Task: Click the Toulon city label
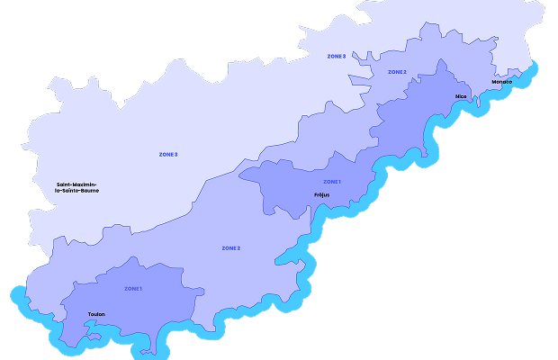pyautogui.click(x=96, y=314)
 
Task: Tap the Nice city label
pyautogui.click(x=462, y=95)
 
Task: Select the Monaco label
pyautogui.click(x=501, y=82)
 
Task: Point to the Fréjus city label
pyautogui.click(x=322, y=194)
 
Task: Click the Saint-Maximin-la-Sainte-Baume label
pyautogui.click(x=77, y=187)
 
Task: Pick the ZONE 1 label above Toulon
pyautogui.click(x=133, y=288)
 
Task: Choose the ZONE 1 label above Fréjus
pyautogui.click(x=331, y=182)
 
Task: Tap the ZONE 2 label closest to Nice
pyautogui.click(x=397, y=72)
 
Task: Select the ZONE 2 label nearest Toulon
pyautogui.click(x=230, y=247)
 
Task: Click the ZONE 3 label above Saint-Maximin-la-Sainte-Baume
pyautogui.click(x=168, y=155)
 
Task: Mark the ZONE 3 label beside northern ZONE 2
pyautogui.click(x=337, y=57)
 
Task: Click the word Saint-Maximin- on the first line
pyautogui.click(x=77, y=184)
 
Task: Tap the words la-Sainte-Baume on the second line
pyautogui.click(x=77, y=191)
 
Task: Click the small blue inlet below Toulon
pyautogui.click(x=93, y=338)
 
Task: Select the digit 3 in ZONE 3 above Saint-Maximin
pyautogui.click(x=176, y=155)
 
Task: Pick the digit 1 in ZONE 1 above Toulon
pyautogui.click(x=142, y=288)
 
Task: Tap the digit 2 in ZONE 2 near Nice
pyautogui.click(x=405, y=72)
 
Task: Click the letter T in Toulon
pyautogui.click(x=89, y=314)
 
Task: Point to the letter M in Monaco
pyautogui.click(x=493, y=82)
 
